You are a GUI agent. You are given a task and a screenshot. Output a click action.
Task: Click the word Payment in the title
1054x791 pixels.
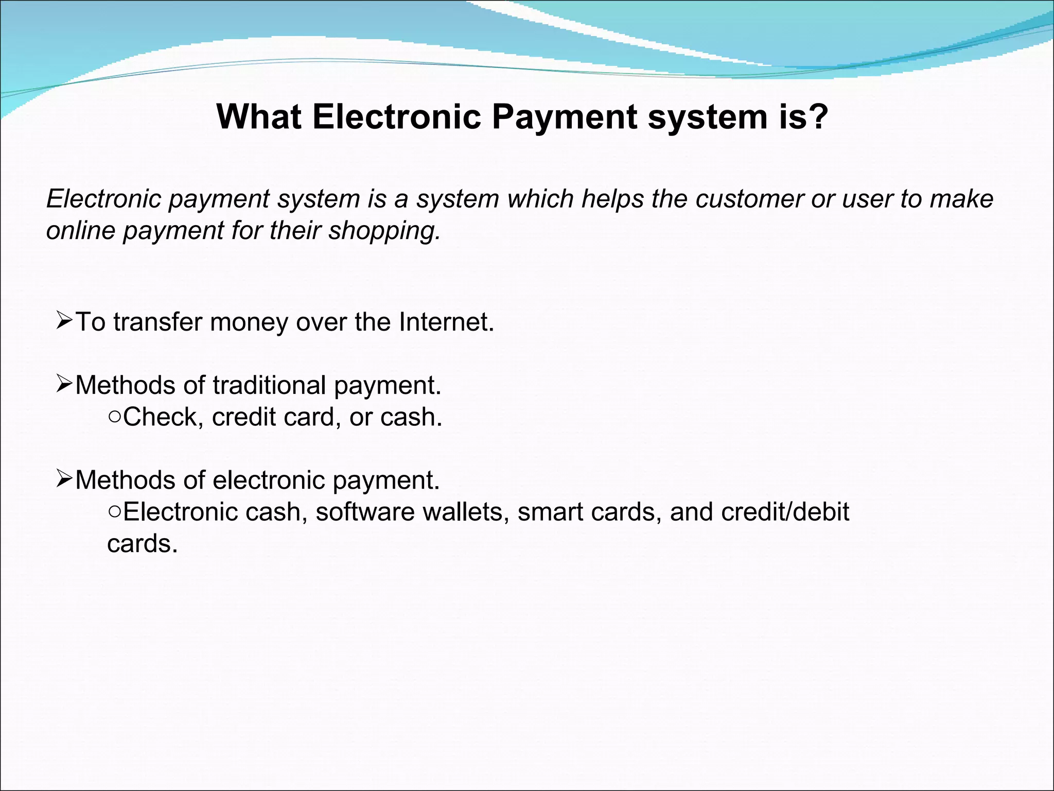(x=564, y=117)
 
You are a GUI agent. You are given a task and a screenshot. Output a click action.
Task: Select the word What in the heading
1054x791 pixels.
(x=259, y=116)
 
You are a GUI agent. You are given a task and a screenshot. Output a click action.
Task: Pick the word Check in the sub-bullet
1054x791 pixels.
(x=160, y=417)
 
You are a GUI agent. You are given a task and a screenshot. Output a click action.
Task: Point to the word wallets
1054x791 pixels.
(x=463, y=512)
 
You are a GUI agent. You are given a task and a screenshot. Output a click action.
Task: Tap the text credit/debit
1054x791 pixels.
(x=785, y=512)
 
